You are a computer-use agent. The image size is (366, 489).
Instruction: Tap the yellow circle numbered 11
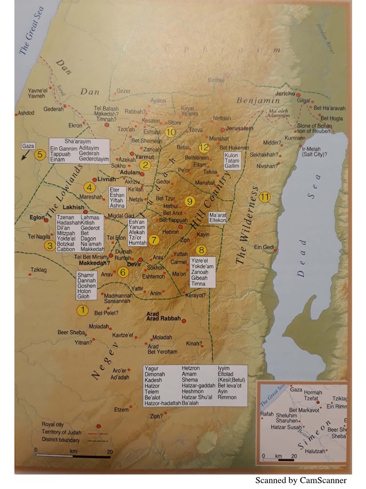[x=265, y=197]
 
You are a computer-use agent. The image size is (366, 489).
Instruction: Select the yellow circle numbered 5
[x=40, y=154]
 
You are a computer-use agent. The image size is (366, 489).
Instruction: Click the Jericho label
[x=285, y=94]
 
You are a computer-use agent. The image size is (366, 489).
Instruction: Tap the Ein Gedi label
[x=264, y=246]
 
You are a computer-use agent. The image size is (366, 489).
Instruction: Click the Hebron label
[x=171, y=232]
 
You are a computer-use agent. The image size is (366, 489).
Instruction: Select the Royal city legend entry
[x=52, y=424]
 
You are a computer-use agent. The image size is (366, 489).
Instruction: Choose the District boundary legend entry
[x=61, y=439]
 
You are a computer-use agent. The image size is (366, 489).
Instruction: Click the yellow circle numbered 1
[x=83, y=310]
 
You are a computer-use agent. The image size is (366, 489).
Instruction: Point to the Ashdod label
[x=26, y=113]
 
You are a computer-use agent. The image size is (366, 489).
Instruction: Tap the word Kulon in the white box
[x=232, y=155]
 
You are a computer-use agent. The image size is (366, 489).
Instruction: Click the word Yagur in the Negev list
[x=152, y=368]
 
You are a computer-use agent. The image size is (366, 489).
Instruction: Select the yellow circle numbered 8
[x=202, y=250]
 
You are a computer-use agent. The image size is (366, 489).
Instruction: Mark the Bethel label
[x=216, y=80]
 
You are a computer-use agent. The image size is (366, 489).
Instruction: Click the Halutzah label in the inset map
[x=315, y=451]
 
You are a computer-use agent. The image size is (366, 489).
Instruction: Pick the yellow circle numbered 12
[x=204, y=148]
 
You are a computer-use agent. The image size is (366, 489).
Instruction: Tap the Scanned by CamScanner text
[x=301, y=480]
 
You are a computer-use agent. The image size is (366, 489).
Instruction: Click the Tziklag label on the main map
[x=39, y=270]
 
